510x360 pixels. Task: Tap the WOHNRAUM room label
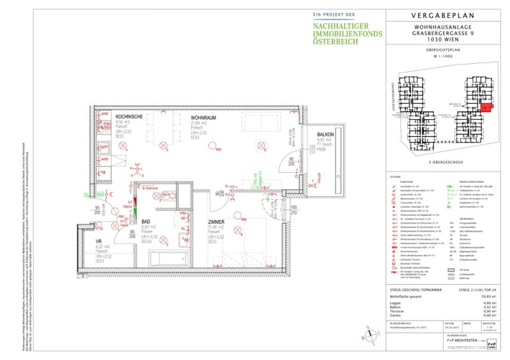204,117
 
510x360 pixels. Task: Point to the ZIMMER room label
217,222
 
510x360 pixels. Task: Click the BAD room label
145,222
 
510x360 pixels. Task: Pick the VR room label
99,241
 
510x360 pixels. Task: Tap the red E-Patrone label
150,189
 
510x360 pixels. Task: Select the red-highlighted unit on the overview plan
486,109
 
